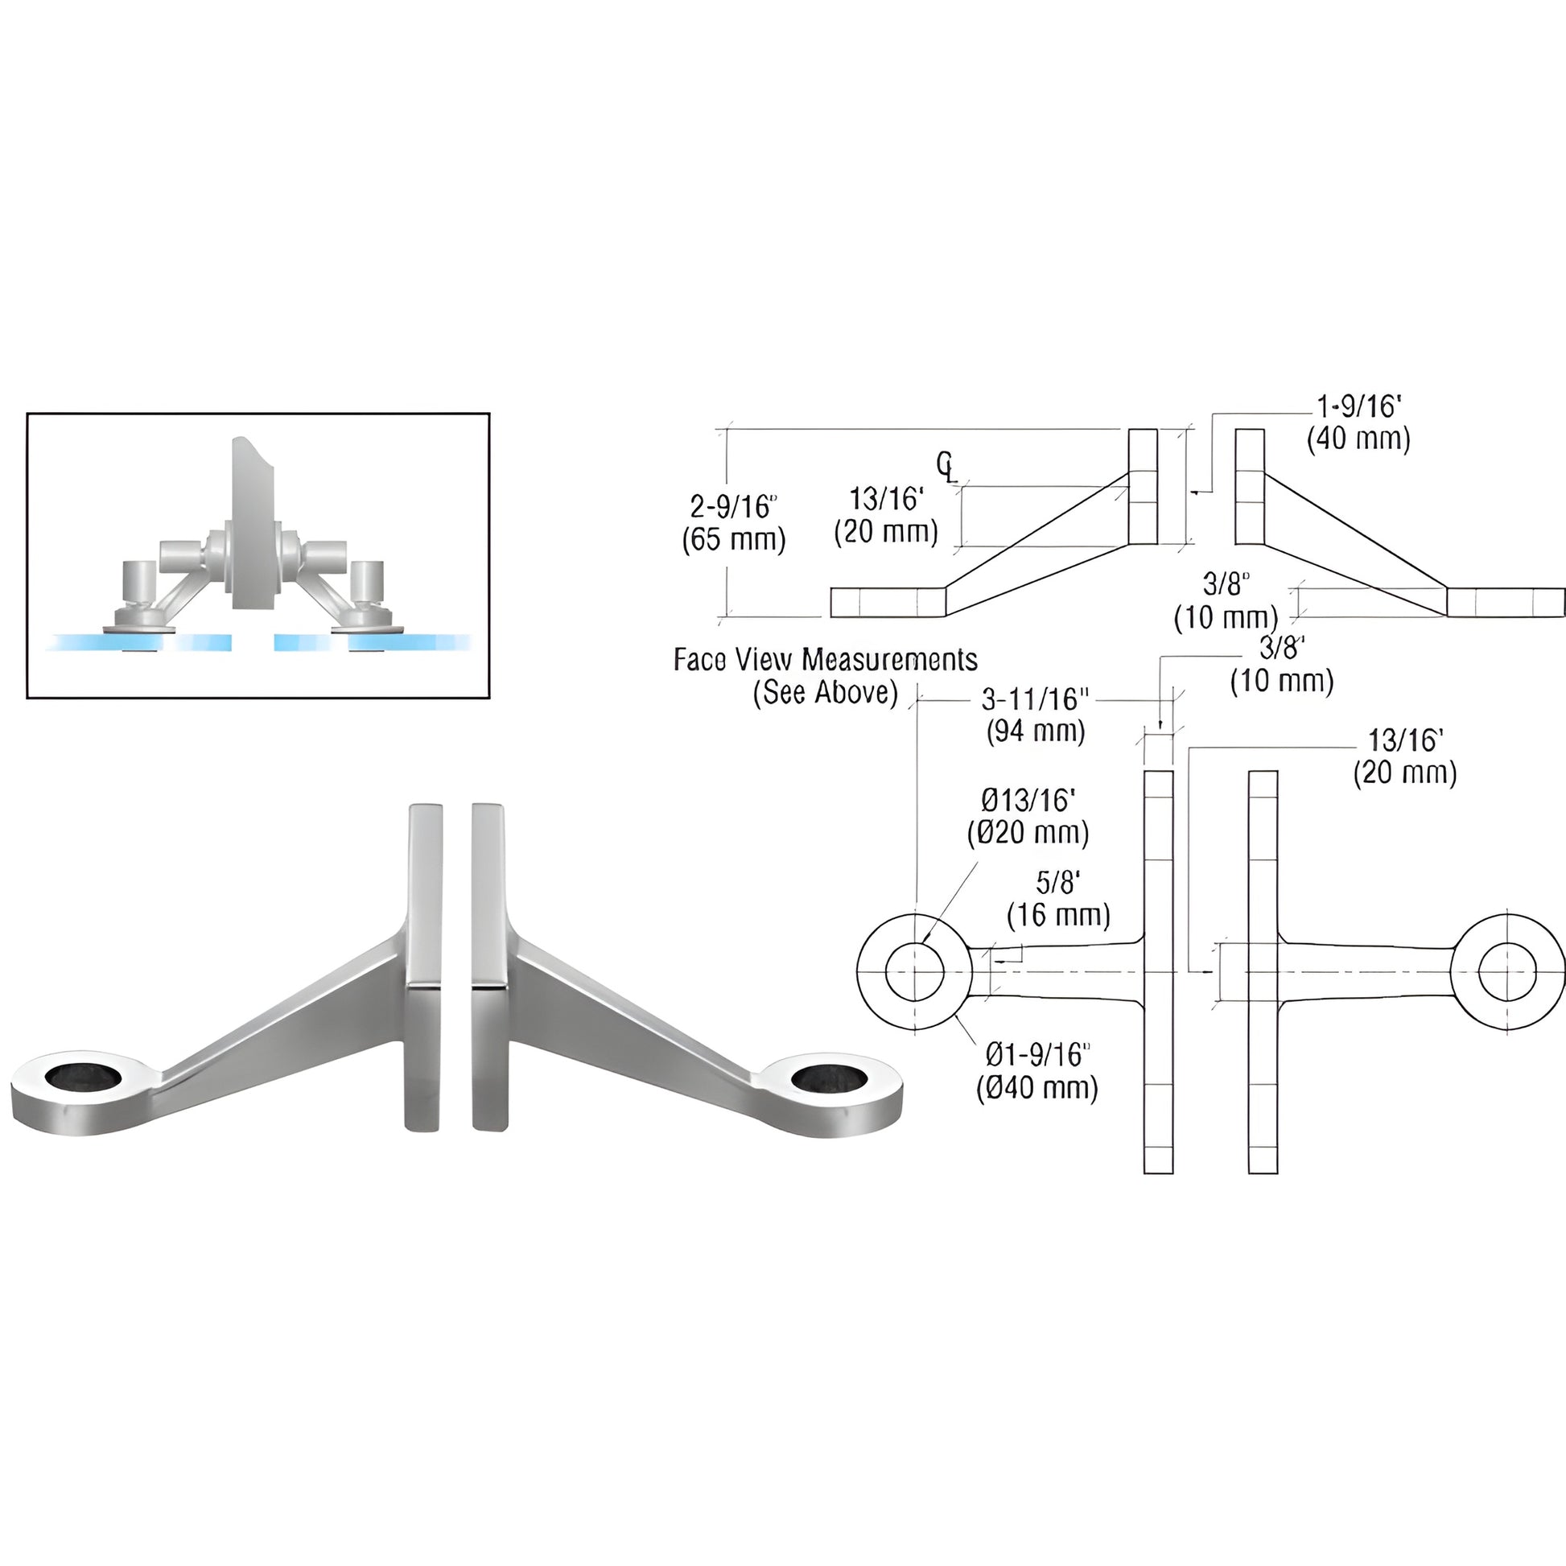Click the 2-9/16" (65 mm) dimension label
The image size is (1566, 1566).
[x=734, y=523]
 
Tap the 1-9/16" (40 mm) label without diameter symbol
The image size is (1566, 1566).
[x=1358, y=422]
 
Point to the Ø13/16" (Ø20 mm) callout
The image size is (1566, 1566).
[x=1028, y=817]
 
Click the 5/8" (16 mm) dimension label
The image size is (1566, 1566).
[x=1057, y=899]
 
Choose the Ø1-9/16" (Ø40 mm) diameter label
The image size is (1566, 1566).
[x=1036, y=1071]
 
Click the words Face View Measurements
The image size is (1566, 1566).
[x=825, y=660]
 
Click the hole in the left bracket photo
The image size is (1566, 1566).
[x=84, y=1078]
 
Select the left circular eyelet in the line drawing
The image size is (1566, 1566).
[x=914, y=971]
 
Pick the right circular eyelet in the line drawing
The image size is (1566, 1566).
[x=1506, y=971]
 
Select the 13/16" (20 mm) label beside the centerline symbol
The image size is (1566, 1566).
[x=886, y=516]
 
